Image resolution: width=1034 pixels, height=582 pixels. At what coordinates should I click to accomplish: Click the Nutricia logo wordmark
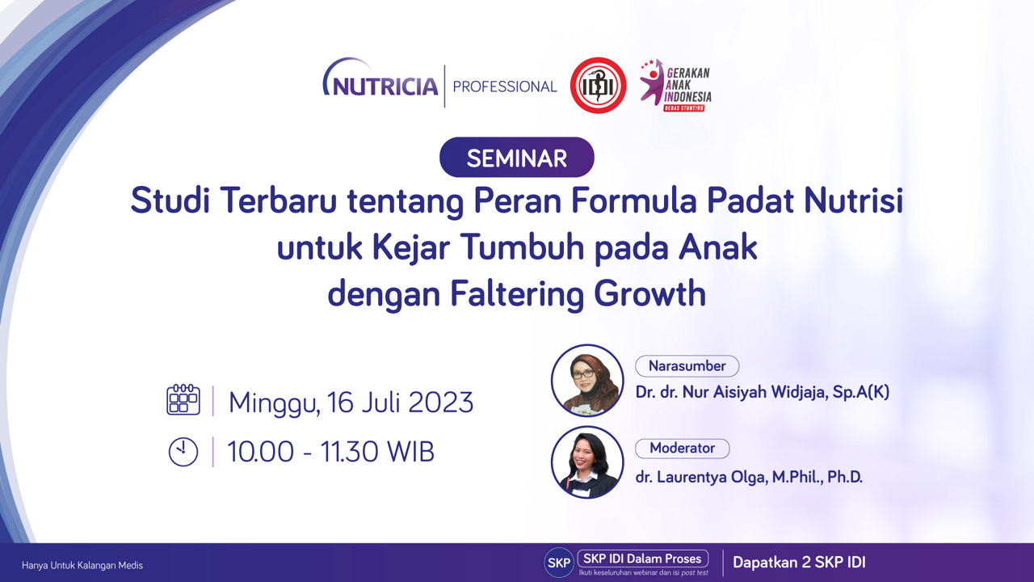pyautogui.click(x=380, y=78)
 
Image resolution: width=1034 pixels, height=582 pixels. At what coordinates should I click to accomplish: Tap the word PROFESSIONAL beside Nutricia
pyautogui.click(x=505, y=86)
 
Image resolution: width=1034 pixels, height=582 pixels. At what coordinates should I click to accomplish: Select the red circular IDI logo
pyautogui.click(x=599, y=86)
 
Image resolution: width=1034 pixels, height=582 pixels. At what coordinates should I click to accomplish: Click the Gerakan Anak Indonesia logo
pyautogui.click(x=675, y=86)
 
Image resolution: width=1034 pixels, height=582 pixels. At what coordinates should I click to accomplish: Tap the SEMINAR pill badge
pyautogui.click(x=516, y=158)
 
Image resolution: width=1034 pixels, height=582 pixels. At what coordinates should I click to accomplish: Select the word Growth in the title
pyautogui.click(x=649, y=293)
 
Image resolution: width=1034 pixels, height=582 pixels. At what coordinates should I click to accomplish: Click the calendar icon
pyautogui.click(x=183, y=399)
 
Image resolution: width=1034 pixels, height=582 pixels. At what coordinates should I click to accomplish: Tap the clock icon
pyautogui.click(x=183, y=452)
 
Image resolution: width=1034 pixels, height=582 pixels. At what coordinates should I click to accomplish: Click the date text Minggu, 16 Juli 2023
pyautogui.click(x=351, y=403)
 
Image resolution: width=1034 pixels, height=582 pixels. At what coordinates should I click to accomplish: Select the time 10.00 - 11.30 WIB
pyautogui.click(x=330, y=452)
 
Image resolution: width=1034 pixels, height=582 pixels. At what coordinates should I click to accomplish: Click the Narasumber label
pyautogui.click(x=687, y=366)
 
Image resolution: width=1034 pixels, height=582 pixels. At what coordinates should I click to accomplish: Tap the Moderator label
pyautogui.click(x=683, y=448)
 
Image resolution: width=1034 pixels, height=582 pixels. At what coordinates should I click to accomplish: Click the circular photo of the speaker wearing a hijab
pyautogui.click(x=587, y=381)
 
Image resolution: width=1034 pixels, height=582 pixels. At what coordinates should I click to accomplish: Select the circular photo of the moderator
pyautogui.click(x=587, y=462)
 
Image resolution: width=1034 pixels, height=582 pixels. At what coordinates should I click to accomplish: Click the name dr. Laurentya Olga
pyautogui.click(x=700, y=477)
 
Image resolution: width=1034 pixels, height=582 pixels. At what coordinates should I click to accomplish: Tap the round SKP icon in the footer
pyautogui.click(x=558, y=563)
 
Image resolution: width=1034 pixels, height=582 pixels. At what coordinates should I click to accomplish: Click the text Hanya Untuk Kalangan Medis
pyautogui.click(x=82, y=565)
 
